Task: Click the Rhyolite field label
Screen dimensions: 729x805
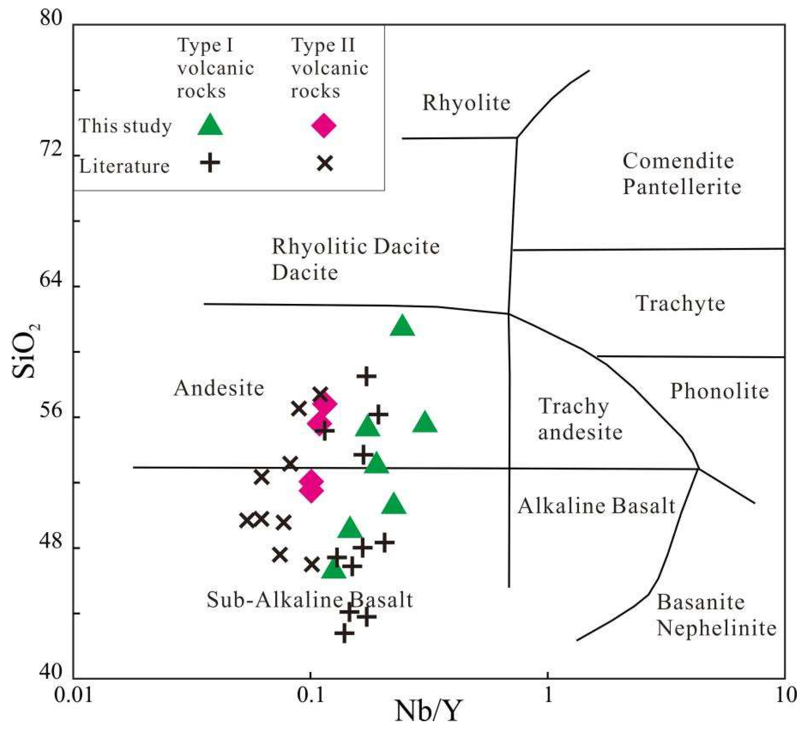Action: (466, 103)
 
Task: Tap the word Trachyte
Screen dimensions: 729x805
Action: (680, 303)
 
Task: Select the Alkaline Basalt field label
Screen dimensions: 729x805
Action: (597, 506)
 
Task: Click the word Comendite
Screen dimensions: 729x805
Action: (678, 161)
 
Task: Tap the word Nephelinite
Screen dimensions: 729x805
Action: (716, 628)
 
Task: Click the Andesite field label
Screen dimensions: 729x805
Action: (219, 388)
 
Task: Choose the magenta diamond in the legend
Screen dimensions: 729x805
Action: (324, 126)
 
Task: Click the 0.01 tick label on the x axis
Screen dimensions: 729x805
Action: (73, 696)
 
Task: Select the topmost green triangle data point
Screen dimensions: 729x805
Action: (402, 326)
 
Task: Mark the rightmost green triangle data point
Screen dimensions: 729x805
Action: (425, 423)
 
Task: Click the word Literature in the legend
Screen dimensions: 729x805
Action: (124, 166)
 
